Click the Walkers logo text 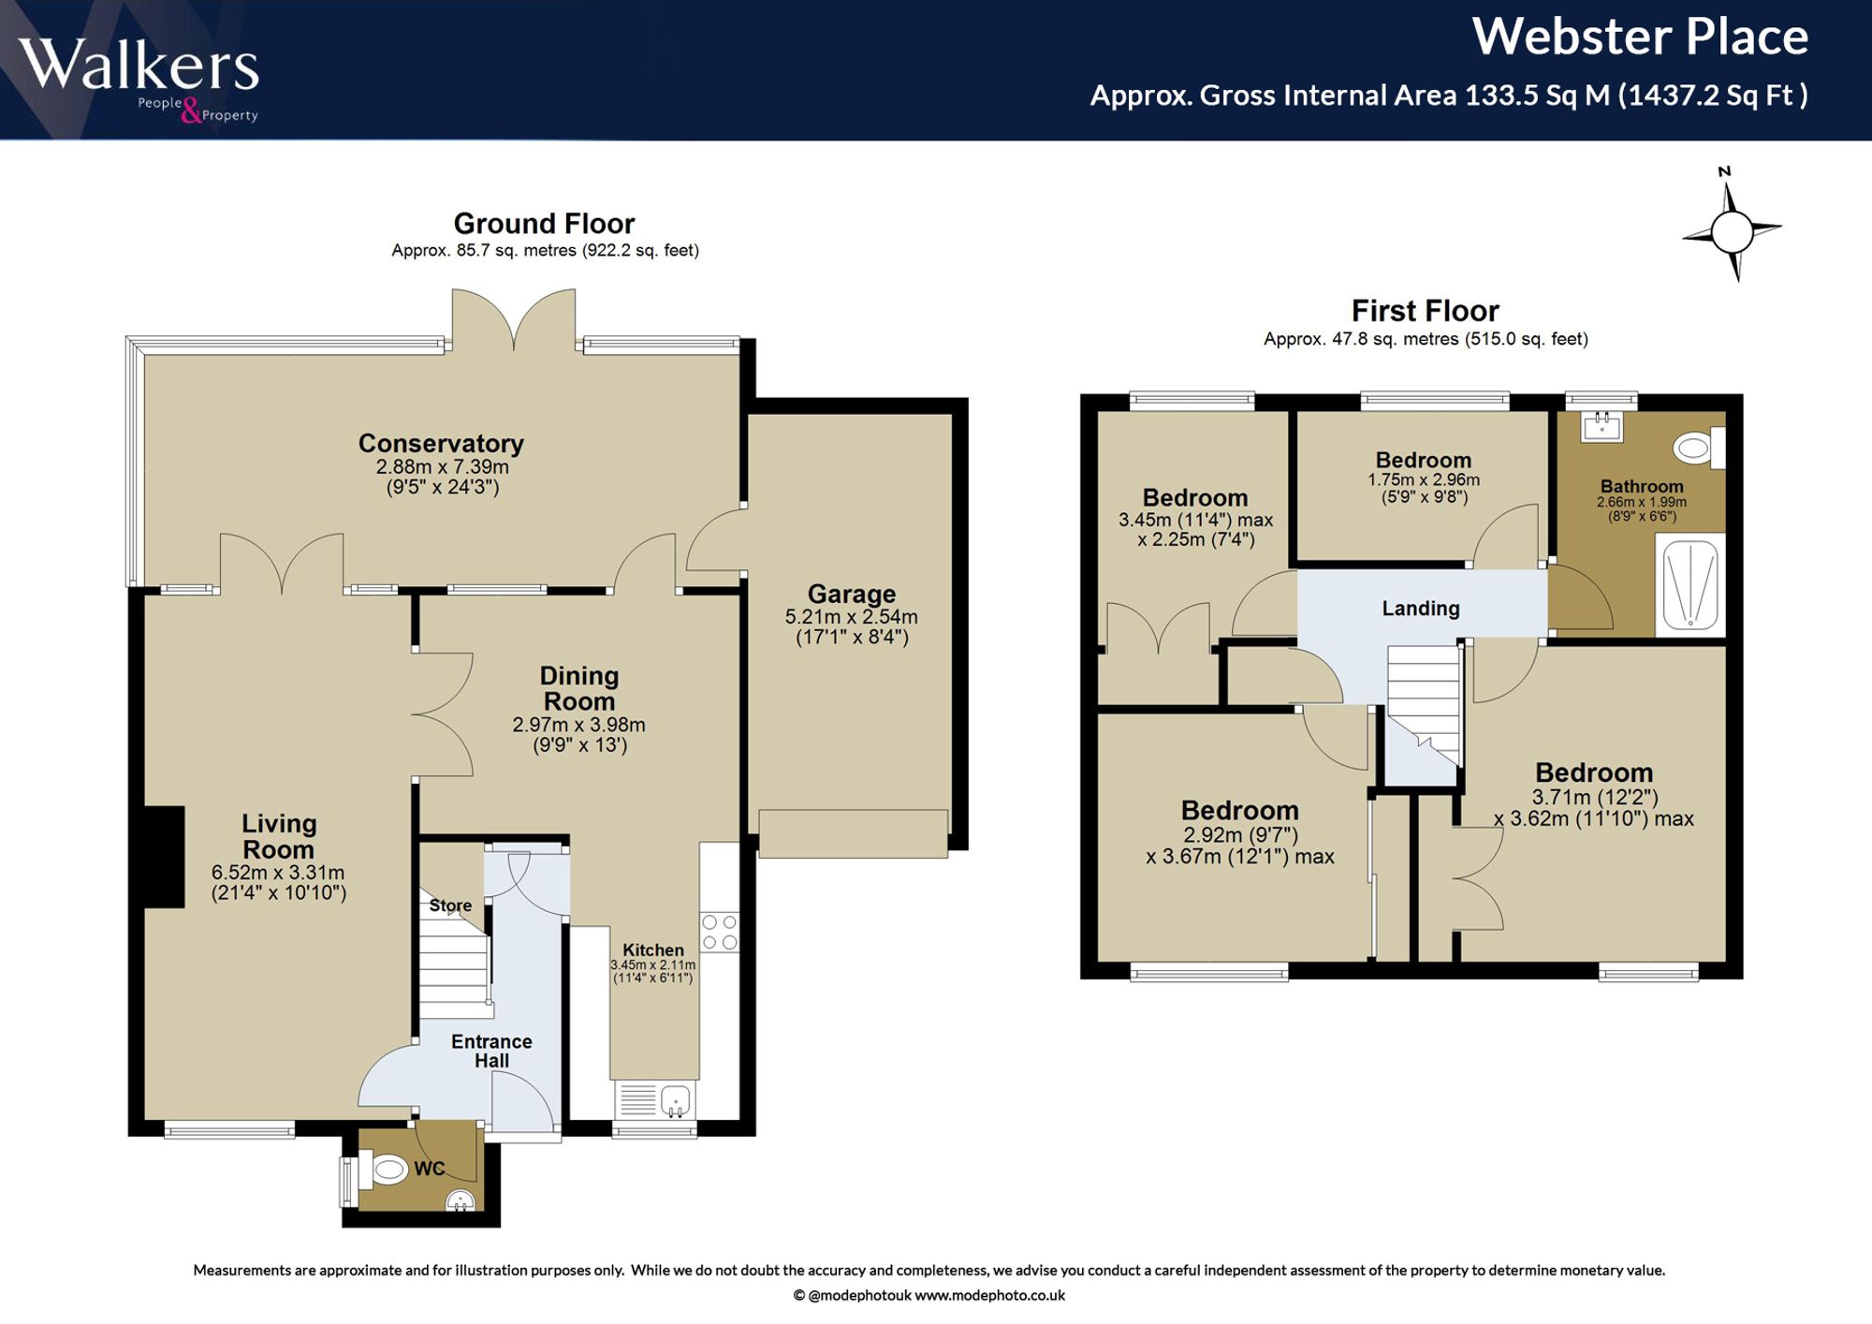(x=139, y=66)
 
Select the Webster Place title (x=1640, y=37)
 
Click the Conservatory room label (x=441, y=443)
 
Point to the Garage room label (x=852, y=594)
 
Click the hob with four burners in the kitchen (x=720, y=933)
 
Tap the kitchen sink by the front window (x=655, y=1100)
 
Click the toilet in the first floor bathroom (x=1699, y=448)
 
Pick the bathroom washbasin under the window (x=1601, y=426)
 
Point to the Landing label (x=1421, y=609)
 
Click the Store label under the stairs (x=450, y=905)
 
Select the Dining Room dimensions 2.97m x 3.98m (x=578, y=725)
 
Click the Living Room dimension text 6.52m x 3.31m (x=278, y=873)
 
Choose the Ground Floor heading (x=544, y=224)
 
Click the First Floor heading (x=1425, y=311)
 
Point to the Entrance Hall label (x=491, y=1051)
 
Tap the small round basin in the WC (x=461, y=1199)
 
